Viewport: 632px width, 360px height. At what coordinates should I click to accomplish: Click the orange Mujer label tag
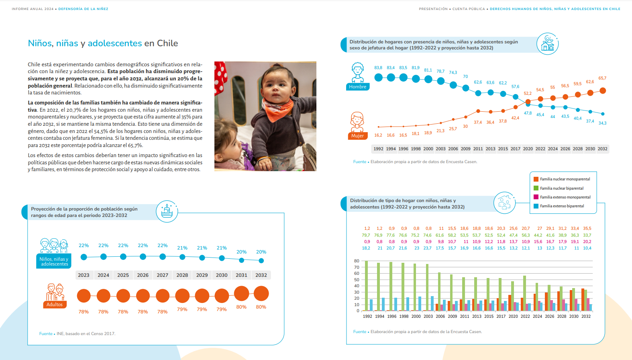[x=357, y=136]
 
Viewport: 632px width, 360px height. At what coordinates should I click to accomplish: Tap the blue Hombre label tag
[x=357, y=87]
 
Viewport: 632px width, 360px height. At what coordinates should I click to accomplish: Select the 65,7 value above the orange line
[x=602, y=78]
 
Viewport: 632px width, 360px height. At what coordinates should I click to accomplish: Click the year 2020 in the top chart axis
[x=528, y=149]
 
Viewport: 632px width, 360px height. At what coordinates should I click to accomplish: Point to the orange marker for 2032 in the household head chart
[x=603, y=91]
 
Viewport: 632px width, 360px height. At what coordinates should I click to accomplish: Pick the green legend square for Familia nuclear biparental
[x=536, y=188]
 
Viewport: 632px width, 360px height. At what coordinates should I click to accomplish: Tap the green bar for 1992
[x=367, y=286]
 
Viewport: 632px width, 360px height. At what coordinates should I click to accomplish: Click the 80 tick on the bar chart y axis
[x=357, y=261]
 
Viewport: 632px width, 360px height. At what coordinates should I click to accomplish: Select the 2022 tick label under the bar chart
[x=525, y=316]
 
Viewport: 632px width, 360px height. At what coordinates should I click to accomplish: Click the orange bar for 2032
[x=583, y=300]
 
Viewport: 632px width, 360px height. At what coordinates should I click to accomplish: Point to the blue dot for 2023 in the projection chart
[x=84, y=257]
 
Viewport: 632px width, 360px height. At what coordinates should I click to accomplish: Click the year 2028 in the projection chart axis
[x=182, y=275]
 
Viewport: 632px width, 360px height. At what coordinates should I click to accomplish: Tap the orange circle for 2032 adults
[x=261, y=293]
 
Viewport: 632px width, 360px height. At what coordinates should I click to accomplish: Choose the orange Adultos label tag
[x=55, y=305]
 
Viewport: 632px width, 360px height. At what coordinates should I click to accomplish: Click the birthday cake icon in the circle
[x=167, y=211]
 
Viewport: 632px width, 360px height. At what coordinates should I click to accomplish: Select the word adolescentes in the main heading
[x=115, y=43]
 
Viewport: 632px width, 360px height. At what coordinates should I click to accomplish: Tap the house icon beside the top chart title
[x=547, y=44]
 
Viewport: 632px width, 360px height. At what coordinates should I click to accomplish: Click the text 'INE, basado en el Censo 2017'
[x=86, y=333]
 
